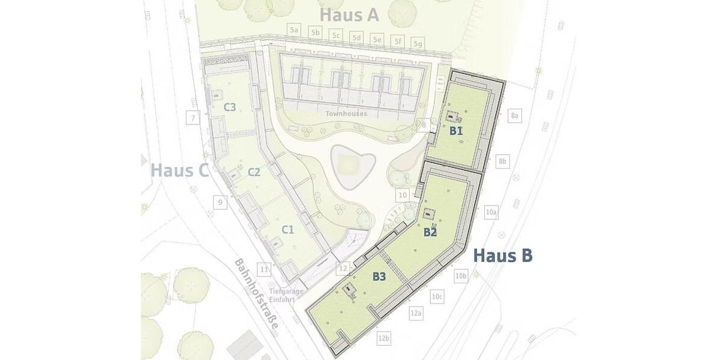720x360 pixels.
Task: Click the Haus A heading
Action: point(349,15)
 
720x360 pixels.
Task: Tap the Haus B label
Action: point(503,256)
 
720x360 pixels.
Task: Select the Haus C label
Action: point(179,170)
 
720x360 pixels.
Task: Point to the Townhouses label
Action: point(346,113)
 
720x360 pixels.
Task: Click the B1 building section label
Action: point(456,130)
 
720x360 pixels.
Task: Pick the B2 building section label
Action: point(430,232)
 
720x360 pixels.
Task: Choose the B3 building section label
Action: point(379,277)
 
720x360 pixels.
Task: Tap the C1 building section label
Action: point(288,229)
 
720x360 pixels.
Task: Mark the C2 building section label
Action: point(254,172)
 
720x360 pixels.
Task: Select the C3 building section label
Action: point(230,107)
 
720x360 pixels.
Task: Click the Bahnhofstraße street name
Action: point(263,292)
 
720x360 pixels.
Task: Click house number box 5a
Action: point(293,29)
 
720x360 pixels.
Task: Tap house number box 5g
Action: point(418,44)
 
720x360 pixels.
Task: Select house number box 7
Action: point(193,118)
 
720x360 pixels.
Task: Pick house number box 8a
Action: point(515,115)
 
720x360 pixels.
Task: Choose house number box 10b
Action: point(461,275)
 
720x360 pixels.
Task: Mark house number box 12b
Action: point(384,339)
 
